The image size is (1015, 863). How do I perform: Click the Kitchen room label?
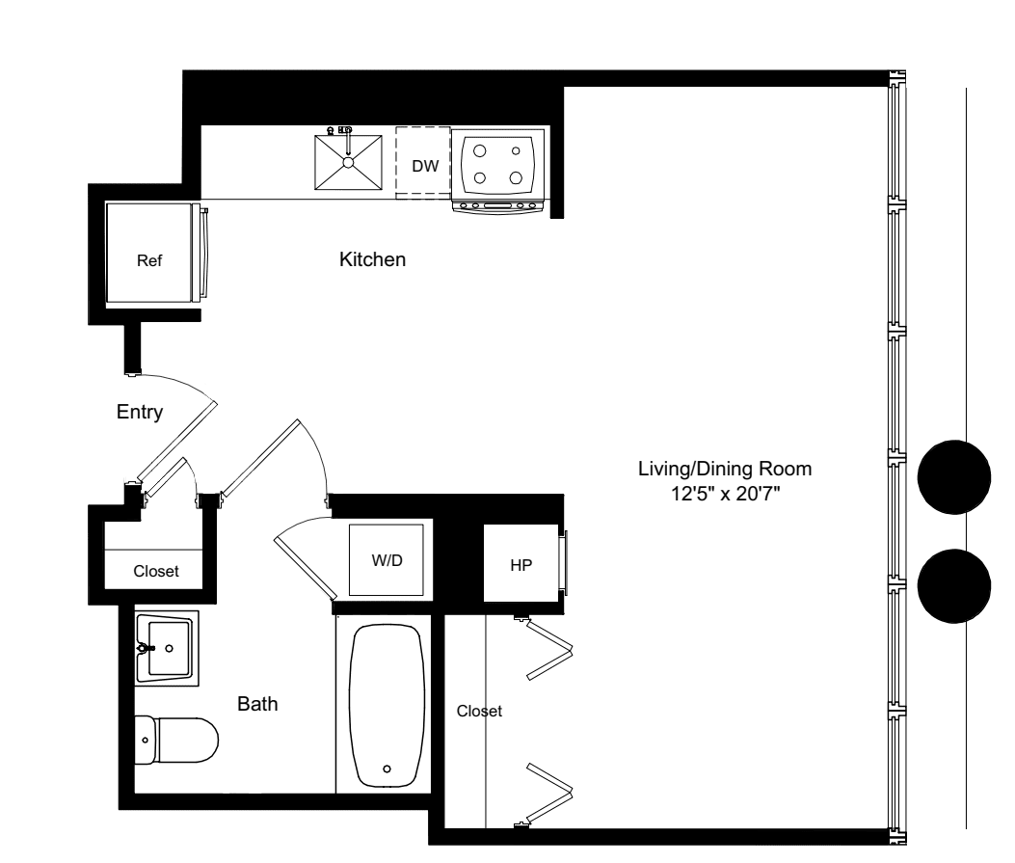372,259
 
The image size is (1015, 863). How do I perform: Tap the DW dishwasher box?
425,166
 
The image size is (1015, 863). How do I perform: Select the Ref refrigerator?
149,259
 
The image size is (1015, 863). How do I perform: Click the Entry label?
140,412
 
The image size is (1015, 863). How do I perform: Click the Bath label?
257,705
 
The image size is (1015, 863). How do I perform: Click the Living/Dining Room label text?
725,470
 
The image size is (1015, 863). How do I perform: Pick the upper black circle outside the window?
954,477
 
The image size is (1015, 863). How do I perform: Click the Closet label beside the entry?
156,571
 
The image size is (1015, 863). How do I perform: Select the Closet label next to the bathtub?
479,712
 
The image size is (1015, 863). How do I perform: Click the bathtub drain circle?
387,769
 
